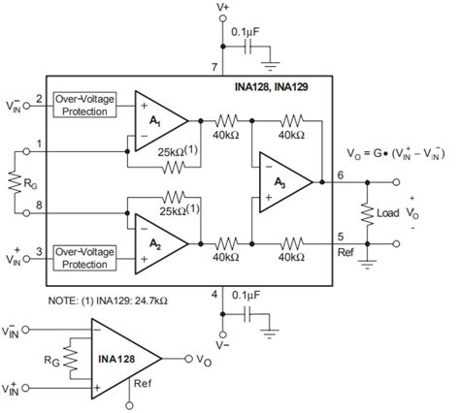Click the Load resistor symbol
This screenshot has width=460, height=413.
coord(369,212)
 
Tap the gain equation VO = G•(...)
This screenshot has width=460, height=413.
coord(398,152)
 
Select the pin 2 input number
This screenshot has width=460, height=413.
coord(39,98)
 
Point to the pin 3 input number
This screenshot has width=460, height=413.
coord(39,251)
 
